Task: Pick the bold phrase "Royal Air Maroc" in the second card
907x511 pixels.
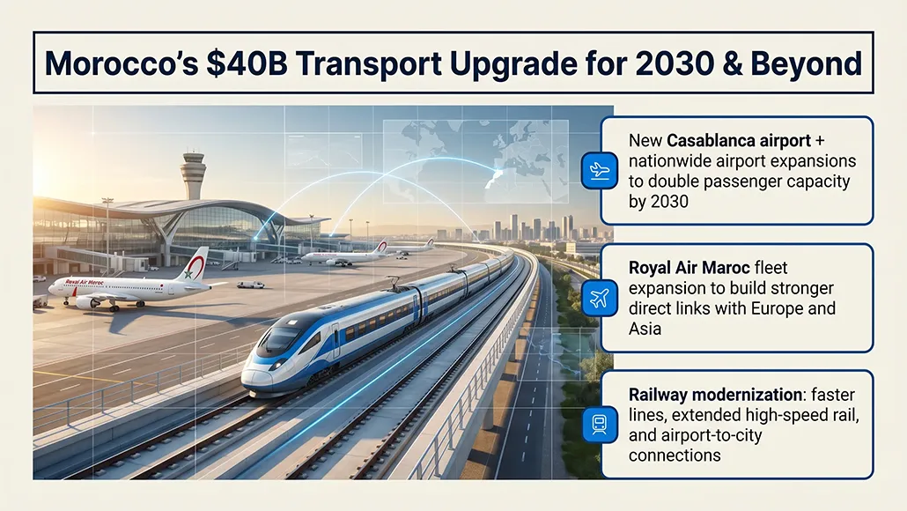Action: click(x=682, y=268)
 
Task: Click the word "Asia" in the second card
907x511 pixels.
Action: click(x=645, y=329)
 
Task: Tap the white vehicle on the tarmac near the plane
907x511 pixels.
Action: click(x=251, y=285)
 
